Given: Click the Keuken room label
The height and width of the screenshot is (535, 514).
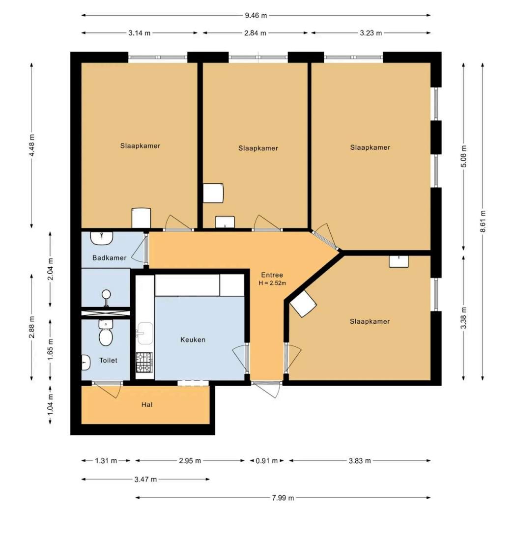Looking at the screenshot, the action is coord(193,339).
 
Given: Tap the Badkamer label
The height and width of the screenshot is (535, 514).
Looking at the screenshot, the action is coord(109,258).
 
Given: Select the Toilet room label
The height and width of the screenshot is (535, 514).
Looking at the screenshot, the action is coord(108,360).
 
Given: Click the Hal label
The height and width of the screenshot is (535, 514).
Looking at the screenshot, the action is coord(147,405).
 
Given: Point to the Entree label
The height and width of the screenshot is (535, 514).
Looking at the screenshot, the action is coord(272,275).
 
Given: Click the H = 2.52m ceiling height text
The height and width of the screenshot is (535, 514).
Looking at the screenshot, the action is coord(272,283).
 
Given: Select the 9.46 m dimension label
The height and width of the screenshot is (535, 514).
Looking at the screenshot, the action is coord(256,15).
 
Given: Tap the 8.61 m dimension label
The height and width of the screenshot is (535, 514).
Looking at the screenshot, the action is coord(483,222).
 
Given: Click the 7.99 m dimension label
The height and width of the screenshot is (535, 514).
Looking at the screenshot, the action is coord(283,498).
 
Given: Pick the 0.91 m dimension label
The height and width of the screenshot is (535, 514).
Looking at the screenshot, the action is coord(267,461).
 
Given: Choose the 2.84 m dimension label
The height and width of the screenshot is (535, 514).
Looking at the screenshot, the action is coord(256,33).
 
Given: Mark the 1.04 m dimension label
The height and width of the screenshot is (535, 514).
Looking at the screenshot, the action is coord(51,405).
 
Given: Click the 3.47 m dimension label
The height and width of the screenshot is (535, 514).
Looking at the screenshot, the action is coord(145,479).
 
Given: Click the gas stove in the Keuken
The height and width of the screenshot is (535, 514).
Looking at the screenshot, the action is coord(144,363).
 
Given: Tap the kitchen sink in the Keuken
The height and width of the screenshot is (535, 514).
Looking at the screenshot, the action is coord(144,334).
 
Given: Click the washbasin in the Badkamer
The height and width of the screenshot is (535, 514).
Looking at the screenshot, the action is coord(102,238).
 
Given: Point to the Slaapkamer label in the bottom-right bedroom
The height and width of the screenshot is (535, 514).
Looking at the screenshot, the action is coord(370,321).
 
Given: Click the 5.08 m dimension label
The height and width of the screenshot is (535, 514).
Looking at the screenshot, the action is coord(463,156).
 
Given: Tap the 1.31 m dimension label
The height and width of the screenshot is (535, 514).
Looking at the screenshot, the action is coord(106,461).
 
